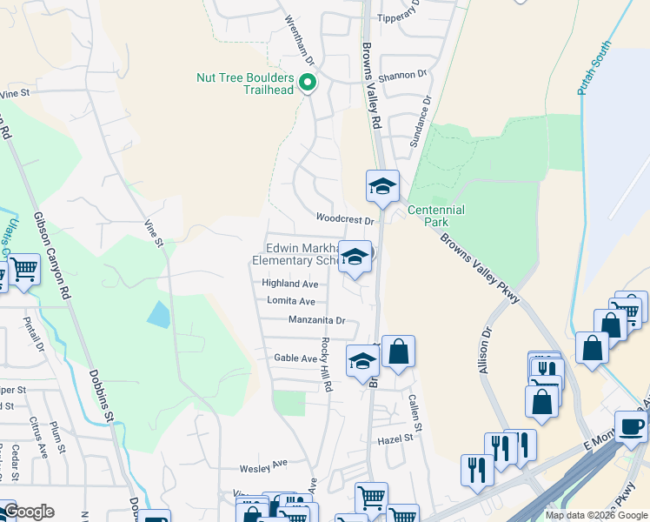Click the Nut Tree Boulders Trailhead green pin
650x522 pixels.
(x=307, y=84)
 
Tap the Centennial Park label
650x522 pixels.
(x=436, y=216)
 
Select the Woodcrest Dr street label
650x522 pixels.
(x=344, y=220)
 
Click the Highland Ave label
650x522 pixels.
(x=290, y=284)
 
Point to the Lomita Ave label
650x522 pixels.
(x=291, y=301)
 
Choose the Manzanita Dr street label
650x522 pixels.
(x=317, y=320)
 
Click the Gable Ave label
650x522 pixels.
(x=296, y=358)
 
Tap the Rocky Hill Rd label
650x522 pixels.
(x=328, y=365)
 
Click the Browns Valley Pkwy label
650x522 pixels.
(x=479, y=268)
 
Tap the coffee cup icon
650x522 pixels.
(x=631, y=425)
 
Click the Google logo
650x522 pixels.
(x=29, y=512)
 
